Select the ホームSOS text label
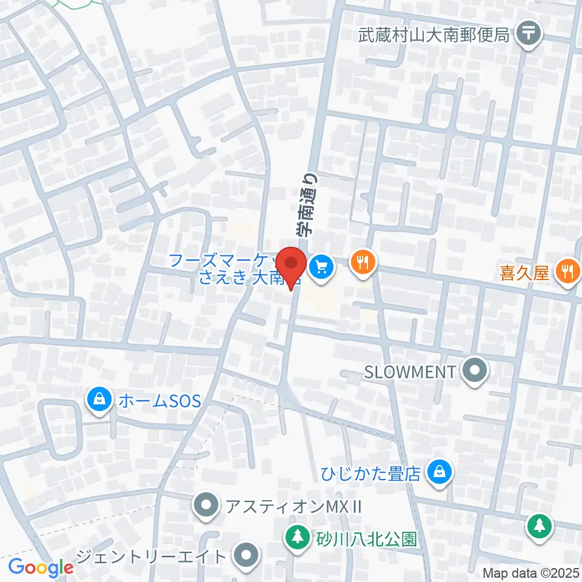pyautogui.click(x=159, y=401)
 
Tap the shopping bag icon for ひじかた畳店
pyautogui.click(x=439, y=470)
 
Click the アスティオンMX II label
pyautogui.click(x=293, y=506)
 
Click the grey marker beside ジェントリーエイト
pyautogui.click(x=246, y=556)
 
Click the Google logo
pyautogui.click(x=41, y=567)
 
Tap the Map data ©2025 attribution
pyautogui.click(x=531, y=572)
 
